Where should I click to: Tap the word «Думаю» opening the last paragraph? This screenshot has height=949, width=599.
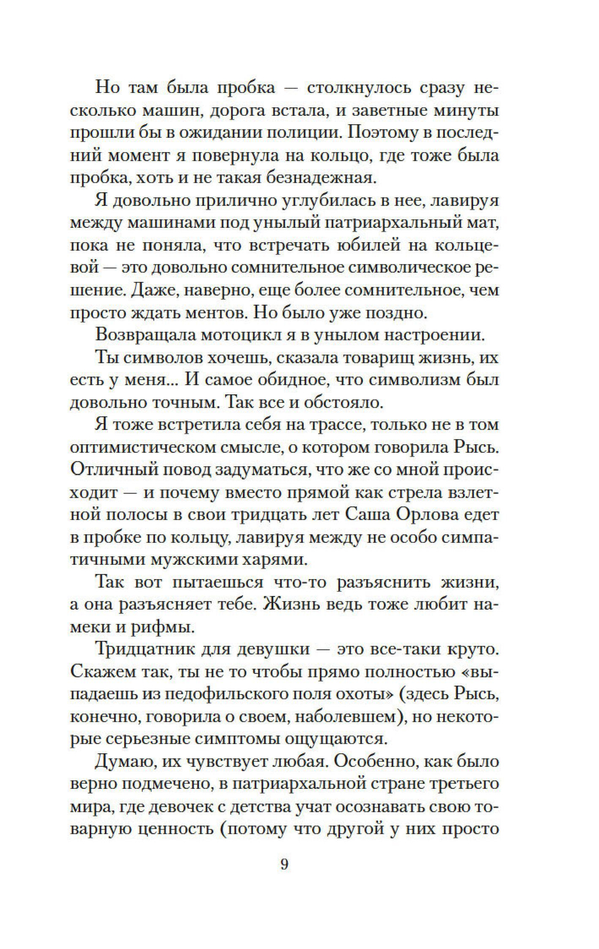pyautogui.click(x=122, y=762)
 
